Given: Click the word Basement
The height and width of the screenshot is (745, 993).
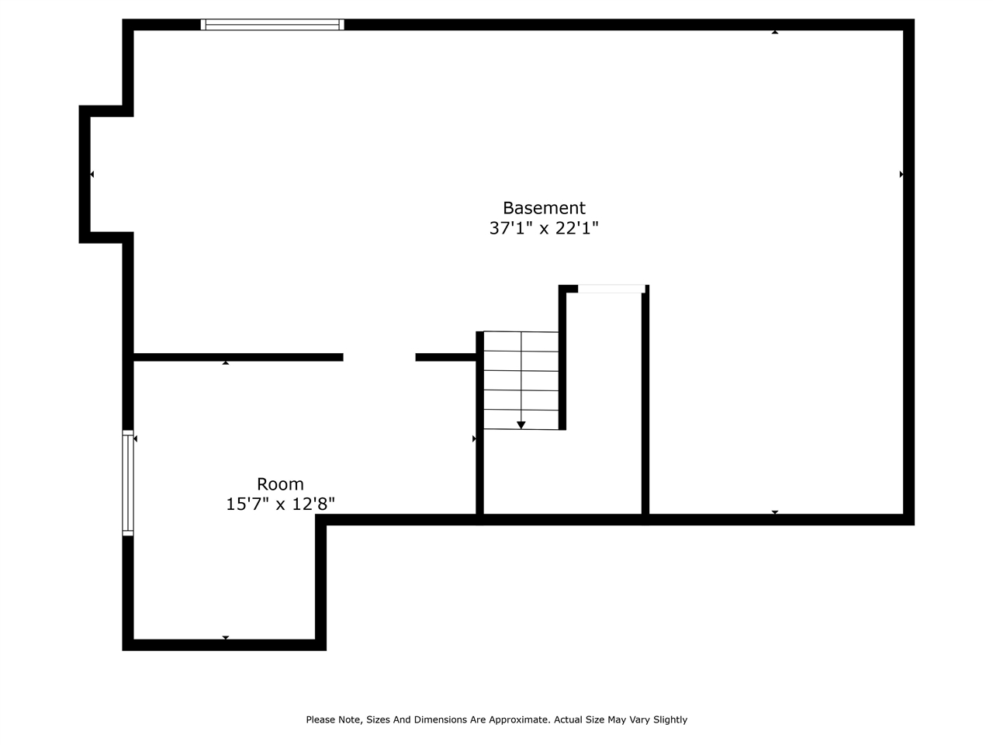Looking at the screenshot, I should [x=544, y=208].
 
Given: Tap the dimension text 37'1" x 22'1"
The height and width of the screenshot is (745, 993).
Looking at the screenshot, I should [x=544, y=228].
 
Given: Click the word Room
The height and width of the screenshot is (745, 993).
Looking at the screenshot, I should [x=280, y=484].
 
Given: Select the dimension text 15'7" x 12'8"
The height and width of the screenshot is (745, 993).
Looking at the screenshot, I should [x=280, y=504].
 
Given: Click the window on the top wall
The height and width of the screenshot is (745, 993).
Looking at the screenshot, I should [x=272, y=25].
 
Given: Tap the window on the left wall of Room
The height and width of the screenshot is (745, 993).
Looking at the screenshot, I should [x=128, y=483].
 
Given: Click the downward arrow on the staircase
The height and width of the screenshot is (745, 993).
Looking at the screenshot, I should [x=521, y=424].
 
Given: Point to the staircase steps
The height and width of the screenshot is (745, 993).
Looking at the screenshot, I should [x=521, y=380].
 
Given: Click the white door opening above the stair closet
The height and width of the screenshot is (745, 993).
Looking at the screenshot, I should [x=611, y=289].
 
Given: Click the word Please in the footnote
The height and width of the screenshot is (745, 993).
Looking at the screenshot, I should [x=321, y=720].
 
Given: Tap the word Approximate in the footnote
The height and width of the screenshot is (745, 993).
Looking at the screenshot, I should [x=519, y=720].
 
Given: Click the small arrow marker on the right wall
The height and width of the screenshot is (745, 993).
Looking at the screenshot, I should [x=901, y=175].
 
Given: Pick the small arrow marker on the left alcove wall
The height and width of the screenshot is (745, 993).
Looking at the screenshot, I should [x=92, y=175].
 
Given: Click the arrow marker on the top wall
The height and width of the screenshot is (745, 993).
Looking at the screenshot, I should [x=775, y=32].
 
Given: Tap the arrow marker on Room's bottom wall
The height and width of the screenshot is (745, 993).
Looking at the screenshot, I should [x=226, y=638].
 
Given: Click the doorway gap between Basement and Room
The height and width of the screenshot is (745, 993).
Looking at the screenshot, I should [x=379, y=358].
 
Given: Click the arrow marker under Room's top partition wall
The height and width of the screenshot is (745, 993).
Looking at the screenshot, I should [x=226, y=362].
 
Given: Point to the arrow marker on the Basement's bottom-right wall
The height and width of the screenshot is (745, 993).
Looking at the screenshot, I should [x=775, y=512].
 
